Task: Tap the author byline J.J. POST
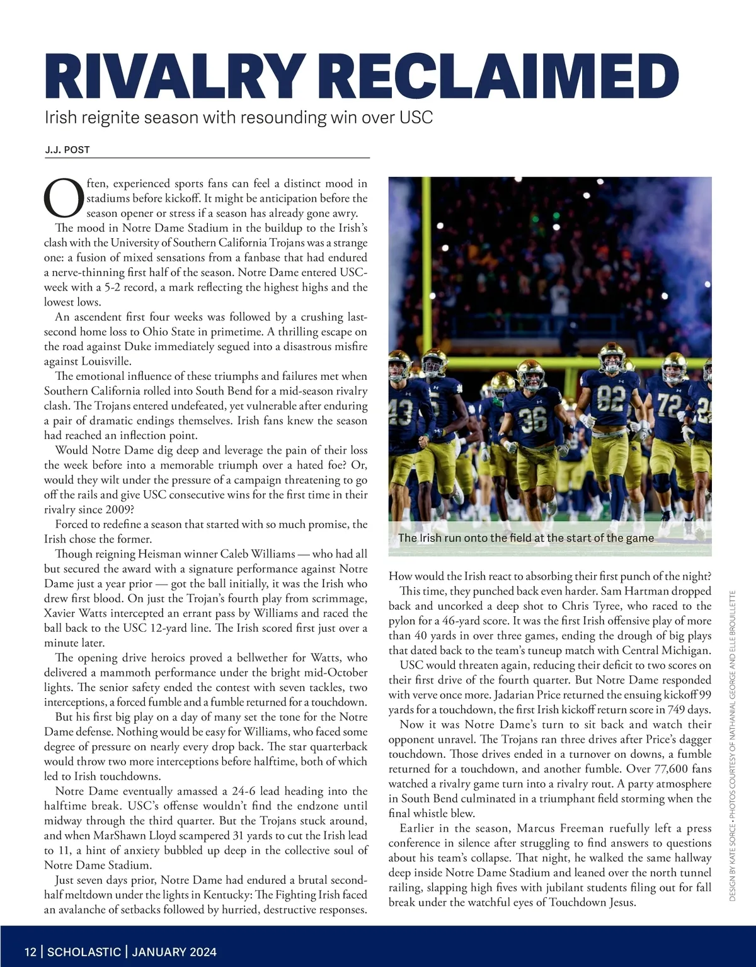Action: pos(67,150)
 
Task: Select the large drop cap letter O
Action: pos(63,197)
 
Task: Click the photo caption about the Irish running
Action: pos(525,538)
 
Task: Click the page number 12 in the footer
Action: pos(30,951)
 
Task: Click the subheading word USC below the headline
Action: pos(416,117)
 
